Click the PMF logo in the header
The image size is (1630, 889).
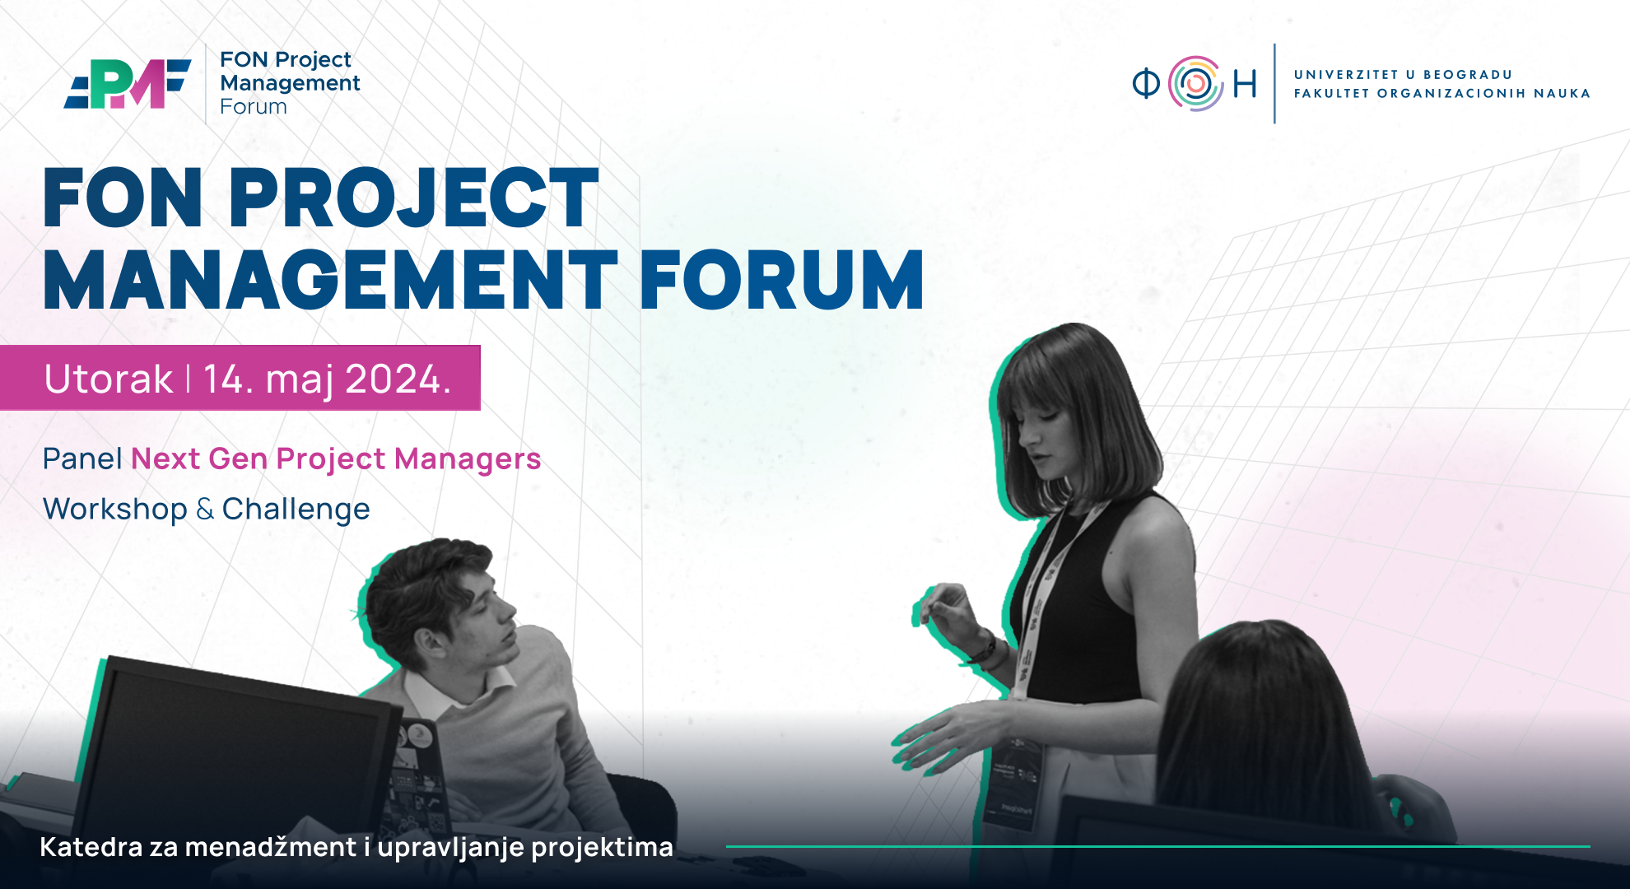click(128, 83)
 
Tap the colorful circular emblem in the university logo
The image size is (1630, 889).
click(1196, 83)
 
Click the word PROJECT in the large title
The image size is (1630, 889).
click(413, 198)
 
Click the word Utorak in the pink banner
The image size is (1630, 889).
click(109, 379)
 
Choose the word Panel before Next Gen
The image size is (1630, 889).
click(82, 458)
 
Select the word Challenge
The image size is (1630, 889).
click(296, 510)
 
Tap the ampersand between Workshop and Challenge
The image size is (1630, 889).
click(205, 510)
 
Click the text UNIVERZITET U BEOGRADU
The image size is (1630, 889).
click(1403, 75)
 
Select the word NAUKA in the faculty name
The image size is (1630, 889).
click(1562, 94)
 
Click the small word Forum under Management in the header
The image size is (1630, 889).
click(254, 107)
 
